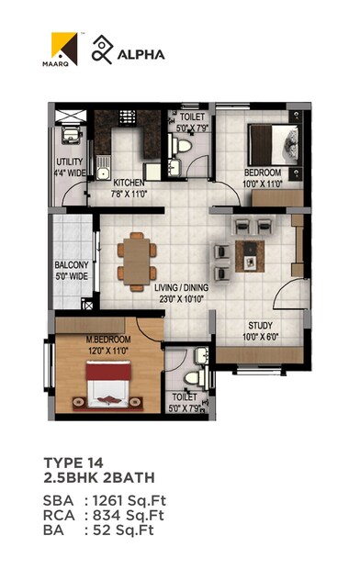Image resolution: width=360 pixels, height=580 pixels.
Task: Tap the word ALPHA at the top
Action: [x=141, y=54]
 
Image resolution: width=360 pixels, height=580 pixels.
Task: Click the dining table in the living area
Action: [x=135, y=256]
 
